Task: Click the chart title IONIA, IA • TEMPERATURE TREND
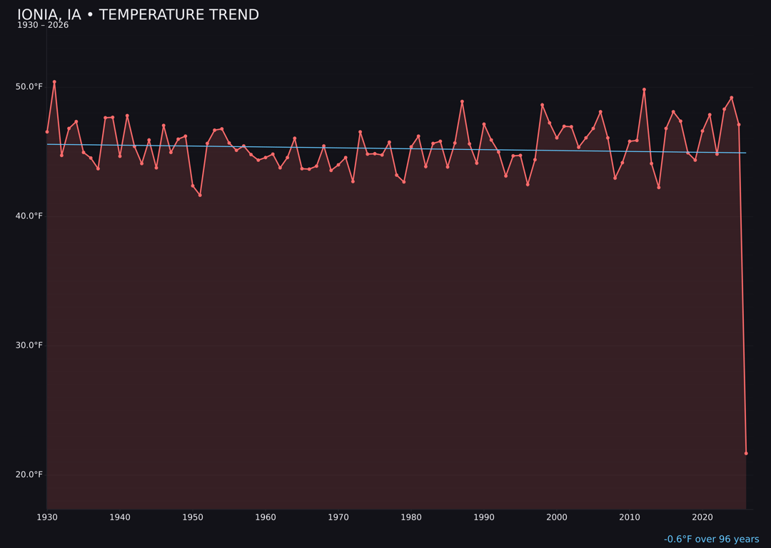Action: click(x=138, y=15)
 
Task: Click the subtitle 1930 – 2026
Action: click(x=43, y=26)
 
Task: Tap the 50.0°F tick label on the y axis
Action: click(x=29, y=87)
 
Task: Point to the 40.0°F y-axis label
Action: click(x=29, y=216)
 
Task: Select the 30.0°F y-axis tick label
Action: click(x=29, y=345)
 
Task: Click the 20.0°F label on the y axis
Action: click(x=29, y=475)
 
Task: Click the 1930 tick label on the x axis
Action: click(x=47, y=517)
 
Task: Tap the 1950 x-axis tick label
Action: click(x=193, y=517)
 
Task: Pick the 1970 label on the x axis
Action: click(x=338, y=517)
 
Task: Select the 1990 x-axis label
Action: click(x=484, y=517)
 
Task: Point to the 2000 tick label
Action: click(x=557, y=517)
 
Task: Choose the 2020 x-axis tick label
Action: click(x=702, y=517)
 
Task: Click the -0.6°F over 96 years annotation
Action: click(x=711, y=539)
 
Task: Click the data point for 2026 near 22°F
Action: click(x=746, y=453)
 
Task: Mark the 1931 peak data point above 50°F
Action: click(x=54, y=82)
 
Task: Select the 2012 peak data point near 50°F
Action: click(x=644, y=90)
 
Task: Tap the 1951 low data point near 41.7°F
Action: click(x=200, y=196)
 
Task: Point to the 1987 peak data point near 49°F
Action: click(x=462, y=101)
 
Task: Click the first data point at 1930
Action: click(x=47, y=132)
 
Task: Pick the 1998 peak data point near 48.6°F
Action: click(x=542, y=105)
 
